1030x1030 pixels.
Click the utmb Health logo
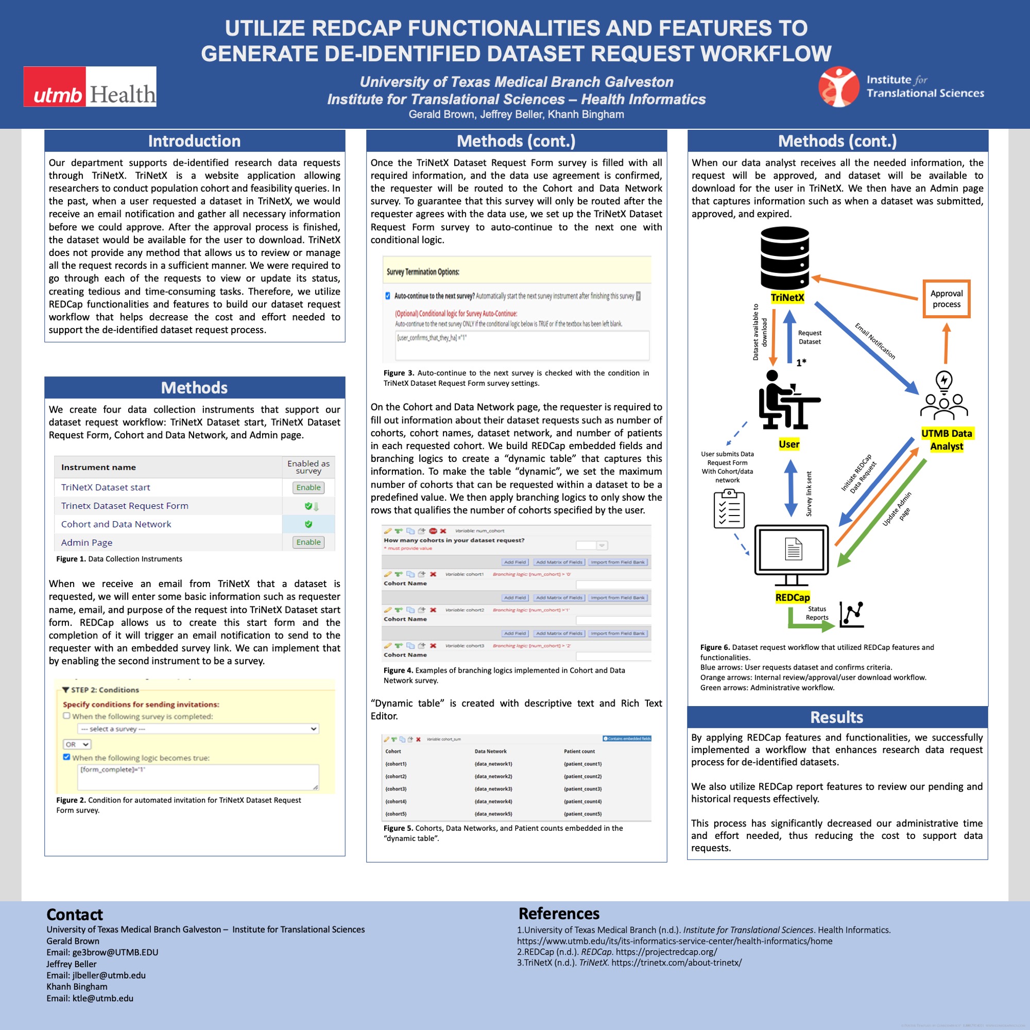(90, 87)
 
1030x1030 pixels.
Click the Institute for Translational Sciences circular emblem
(838, 87)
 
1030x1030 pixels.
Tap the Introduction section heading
(194, 141)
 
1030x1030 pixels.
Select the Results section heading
(836, 717)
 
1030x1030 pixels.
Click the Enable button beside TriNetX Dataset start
(308, 487)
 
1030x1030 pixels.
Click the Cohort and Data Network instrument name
(116, 524)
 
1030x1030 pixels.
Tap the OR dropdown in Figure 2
(77, 744)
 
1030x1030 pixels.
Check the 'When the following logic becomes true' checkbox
(66, 757)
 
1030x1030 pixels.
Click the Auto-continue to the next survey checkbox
(388, 296)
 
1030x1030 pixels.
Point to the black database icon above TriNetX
(785, 257)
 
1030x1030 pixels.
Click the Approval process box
(946, 299)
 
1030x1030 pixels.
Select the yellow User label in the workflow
(789, 444)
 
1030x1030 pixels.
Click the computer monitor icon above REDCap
(792, 555)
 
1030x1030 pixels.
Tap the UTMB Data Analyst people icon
(943, 397)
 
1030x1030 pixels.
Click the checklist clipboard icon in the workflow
(729, 509)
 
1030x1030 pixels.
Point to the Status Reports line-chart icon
(851, 615)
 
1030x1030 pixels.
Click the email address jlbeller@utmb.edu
(109, 975)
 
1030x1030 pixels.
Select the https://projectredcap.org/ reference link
(666, 952)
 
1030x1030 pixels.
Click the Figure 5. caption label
(398, 828)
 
